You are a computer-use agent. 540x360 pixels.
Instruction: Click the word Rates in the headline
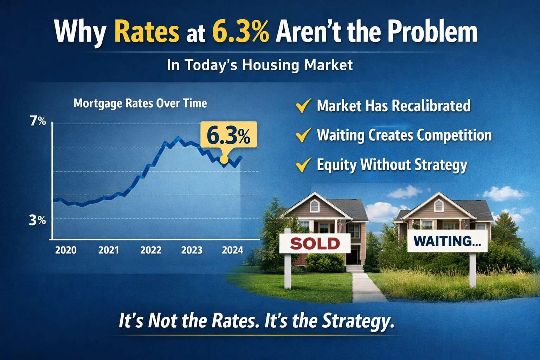tap(147, 32)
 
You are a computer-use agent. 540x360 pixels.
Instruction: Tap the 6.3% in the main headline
tap(241, 32)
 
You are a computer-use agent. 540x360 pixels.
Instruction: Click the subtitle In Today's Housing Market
tap(259, 65)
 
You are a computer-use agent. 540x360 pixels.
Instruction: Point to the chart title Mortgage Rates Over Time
tap(140, 103)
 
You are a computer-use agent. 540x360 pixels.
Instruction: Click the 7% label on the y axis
tap(38, 121)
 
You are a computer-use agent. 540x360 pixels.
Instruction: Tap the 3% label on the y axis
tap(37, 220)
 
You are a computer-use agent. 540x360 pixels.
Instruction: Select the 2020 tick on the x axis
tap(66, 250)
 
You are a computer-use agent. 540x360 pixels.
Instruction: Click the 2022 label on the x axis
tap(150, 250)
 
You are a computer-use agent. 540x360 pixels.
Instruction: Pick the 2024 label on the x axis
tap(232, 250)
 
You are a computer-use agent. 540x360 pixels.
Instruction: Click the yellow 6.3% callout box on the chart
tap(229, 135)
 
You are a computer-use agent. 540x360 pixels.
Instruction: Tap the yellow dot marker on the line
tap(224, 160)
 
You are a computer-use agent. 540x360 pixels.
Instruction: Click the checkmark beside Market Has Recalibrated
tap(303, 105)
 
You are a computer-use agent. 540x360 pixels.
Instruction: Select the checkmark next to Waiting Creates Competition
tap(303, 135)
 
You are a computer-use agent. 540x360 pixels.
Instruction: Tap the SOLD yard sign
tap(315, 243)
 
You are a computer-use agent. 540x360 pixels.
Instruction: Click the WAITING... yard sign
tap(447, 241)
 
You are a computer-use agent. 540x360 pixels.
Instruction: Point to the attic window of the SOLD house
tap(314, 206)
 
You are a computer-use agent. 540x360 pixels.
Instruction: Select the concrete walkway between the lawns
tap(364, 287)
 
